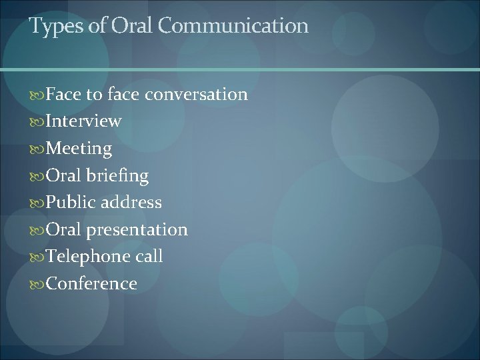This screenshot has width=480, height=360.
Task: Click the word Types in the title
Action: (x=51, y=27)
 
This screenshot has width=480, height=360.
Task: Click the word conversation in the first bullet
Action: (x=196, y=95)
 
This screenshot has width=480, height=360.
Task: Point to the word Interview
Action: (x=83, y=121)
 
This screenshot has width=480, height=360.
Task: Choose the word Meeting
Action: (x=79, y=149)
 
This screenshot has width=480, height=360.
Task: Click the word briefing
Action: (x=117, y=176)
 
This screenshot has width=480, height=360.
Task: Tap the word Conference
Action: (x=91, y=284)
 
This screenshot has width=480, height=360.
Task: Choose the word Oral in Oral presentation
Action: (x=64, y=229)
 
